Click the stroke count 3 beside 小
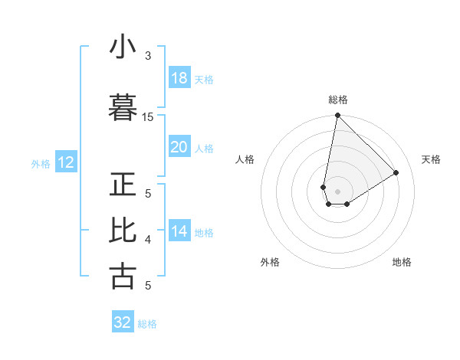coord(148,56)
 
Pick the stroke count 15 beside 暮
coord(148,116)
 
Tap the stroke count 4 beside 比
coord(148,240)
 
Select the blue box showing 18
coord(179,78)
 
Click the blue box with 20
coord(179,147)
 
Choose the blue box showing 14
coord(179,231)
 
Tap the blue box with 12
coord(65,162)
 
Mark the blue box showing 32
coord(123,322)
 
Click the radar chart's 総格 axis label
coord(338,100)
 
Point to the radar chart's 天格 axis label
coord(431,159)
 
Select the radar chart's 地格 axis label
coord(402,262)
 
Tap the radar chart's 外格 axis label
coord(270,262)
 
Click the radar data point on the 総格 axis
coord(337,116)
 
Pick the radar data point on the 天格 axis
coord(396,172)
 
